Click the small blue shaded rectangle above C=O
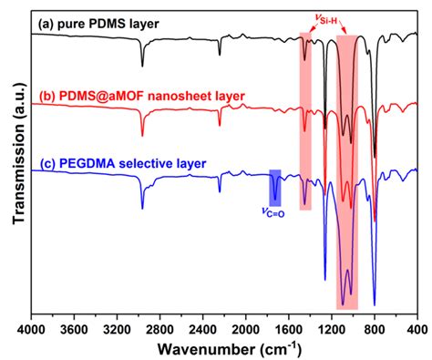point(275,187)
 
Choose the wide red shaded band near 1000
point(346,182)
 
